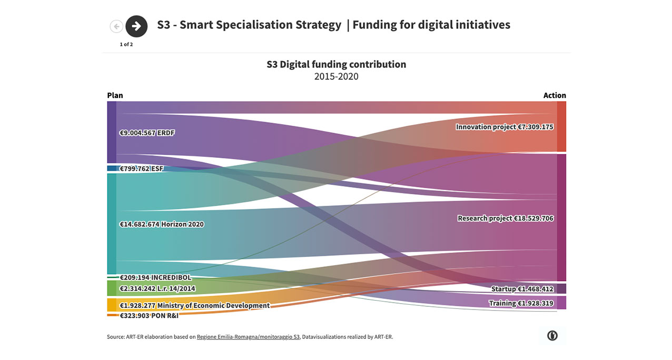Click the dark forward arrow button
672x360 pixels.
click(136, 26)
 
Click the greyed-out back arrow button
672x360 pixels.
click(116, 26)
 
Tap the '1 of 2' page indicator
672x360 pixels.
click(126, 44)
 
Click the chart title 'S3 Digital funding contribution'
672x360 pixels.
click(336, 64)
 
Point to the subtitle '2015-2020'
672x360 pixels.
click(336, 76)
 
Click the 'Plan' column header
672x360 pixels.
click(115, 95)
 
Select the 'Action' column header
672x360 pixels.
click(555, 95)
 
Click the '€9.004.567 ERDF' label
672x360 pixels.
click(147, 133)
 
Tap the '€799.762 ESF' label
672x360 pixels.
click(142, 169)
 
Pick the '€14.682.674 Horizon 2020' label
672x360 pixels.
click(162, 224)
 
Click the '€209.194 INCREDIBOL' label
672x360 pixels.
click(155, 277)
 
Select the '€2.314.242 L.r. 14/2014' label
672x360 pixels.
click(157, 288)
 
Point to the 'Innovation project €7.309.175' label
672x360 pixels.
click(505, 127)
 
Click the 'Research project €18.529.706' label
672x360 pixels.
click(506, 218)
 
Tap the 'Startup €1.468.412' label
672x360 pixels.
click(522, 289)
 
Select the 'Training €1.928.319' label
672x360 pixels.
click(521, 303)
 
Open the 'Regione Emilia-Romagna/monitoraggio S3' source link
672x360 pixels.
click(248, 337)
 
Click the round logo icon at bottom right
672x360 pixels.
click(552, 336)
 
